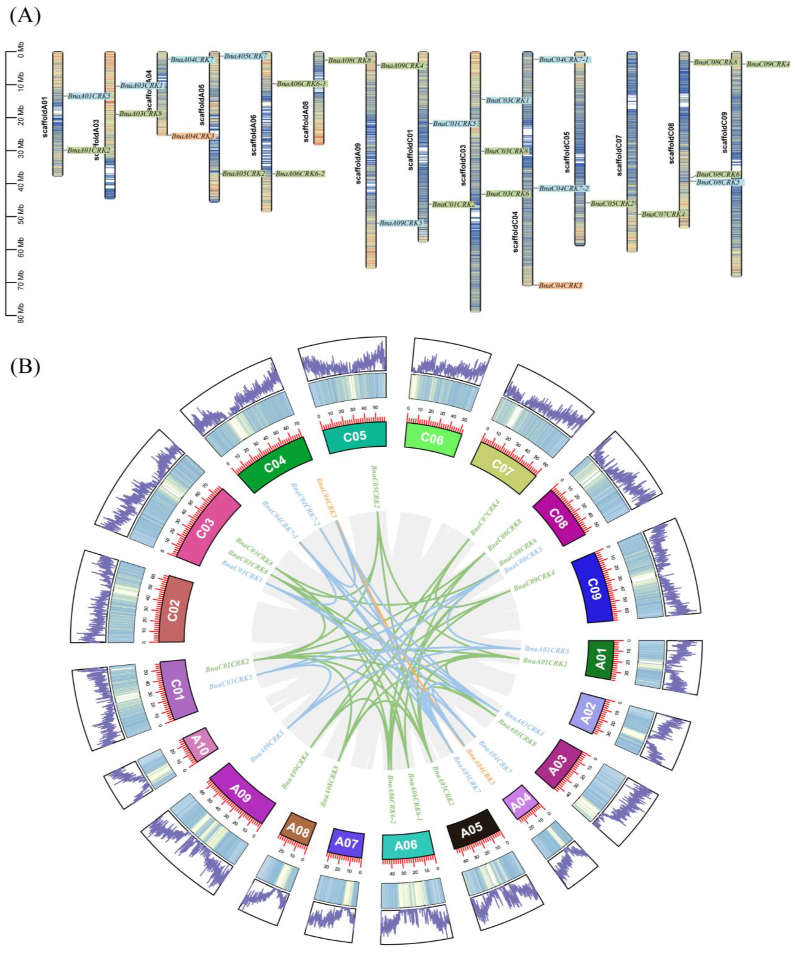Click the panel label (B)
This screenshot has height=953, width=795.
[25, 366]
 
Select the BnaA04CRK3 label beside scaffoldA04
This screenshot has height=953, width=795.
[192, 136]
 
